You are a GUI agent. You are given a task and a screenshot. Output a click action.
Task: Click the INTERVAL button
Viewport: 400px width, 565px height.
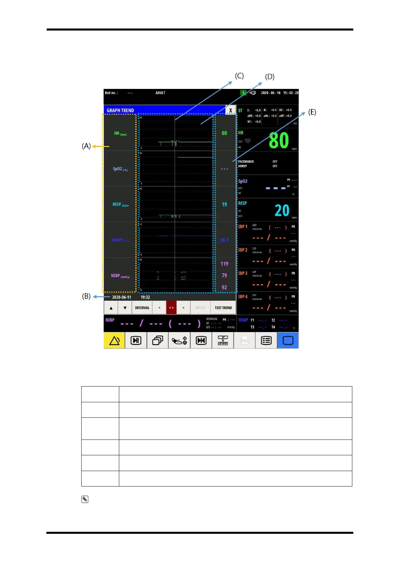pos(142,308)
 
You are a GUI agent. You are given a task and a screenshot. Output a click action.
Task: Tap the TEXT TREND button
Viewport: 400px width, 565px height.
pos(223,308)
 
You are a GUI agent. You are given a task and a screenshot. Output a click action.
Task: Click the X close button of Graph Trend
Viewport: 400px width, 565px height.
pos(230,110)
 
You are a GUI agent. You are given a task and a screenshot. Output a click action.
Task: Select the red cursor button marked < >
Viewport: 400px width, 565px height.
pos(171,308)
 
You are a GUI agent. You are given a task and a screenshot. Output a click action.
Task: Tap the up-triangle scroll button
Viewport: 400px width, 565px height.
pos(111,308)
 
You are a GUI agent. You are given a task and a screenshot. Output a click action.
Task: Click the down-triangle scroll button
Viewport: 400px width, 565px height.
pos(125,308)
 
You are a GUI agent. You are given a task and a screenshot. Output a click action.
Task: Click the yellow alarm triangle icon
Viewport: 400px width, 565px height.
pos(115,341)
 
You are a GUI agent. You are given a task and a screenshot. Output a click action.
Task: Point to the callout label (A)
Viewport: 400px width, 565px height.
pos(86,146)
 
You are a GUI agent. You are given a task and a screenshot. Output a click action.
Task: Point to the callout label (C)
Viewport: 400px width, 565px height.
pos(239,76)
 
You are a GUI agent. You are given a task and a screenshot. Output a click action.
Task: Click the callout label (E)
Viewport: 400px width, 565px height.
pos(312,112)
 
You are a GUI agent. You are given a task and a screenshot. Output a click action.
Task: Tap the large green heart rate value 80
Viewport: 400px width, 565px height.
pos(279,141)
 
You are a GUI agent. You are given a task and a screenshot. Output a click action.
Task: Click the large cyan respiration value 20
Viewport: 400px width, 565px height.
pos(282,210)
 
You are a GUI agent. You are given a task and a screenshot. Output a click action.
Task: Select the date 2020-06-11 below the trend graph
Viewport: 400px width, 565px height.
pos(122,297)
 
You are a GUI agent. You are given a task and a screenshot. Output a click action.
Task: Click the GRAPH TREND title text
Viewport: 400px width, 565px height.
pos(120,110)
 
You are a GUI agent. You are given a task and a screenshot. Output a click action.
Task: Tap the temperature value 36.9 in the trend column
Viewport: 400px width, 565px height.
pos(224,240)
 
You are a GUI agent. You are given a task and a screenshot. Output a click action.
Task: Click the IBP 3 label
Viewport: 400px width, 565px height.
pos(243,273)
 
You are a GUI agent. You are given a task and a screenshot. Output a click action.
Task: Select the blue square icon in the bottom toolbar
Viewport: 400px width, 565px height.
pos(288,341)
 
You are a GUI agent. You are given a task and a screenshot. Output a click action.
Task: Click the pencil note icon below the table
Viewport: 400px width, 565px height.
pos(85,499)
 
